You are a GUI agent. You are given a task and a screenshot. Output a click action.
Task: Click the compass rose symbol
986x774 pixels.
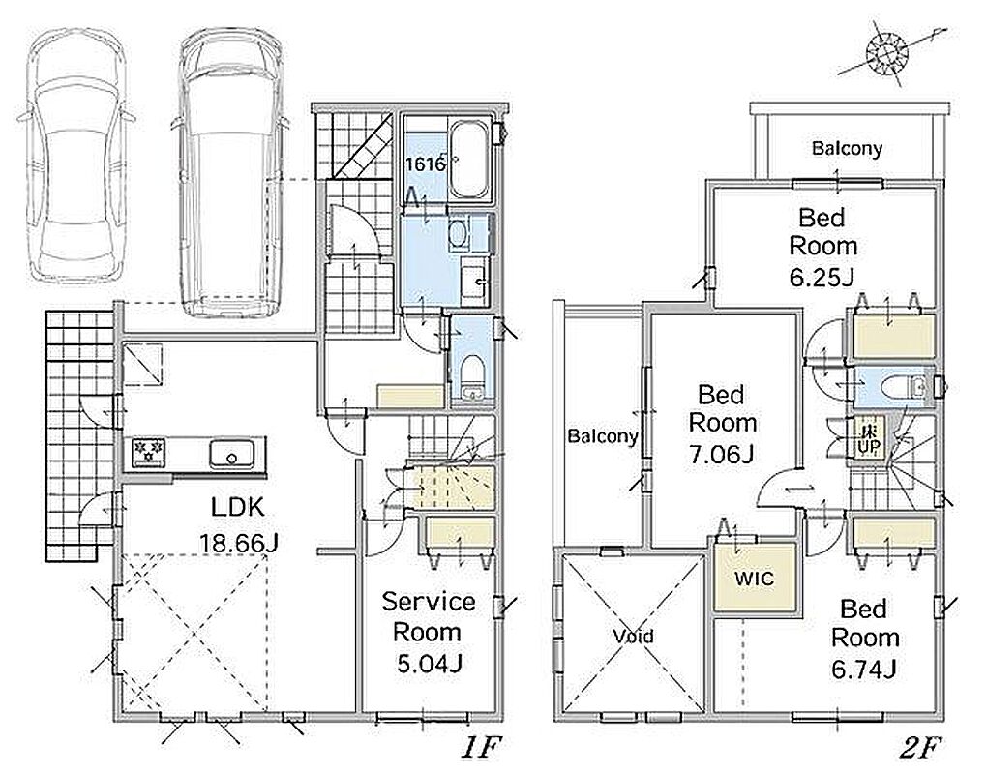click(x=886, y=52)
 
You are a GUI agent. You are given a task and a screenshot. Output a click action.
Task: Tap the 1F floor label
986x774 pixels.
click(x=481, y=748)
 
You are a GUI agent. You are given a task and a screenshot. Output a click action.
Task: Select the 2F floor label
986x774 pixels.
click(x=919, y=748)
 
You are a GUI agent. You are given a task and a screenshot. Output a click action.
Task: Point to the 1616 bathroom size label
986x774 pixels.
click(x=425, y=164)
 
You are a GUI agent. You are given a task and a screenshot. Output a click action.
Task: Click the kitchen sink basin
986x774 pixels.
click(x=232, y=453)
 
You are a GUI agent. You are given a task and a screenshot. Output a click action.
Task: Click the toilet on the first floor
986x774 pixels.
click(x=471, y=376)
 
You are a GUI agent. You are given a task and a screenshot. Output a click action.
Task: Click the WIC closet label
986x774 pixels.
click(x=754, y=579)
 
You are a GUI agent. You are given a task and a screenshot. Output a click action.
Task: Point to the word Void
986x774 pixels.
click(x=633, y=637)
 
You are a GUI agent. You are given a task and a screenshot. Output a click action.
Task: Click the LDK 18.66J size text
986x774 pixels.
click(x=238, y=543)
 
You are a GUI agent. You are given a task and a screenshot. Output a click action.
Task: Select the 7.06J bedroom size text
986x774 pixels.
click(x=721, y=454)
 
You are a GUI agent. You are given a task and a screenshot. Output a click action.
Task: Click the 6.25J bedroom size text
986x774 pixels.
click(x=822, y=276)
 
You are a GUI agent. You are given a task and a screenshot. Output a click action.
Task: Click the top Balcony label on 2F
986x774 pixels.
click(x=847, y=148)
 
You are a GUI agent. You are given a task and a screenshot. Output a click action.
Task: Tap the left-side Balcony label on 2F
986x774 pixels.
click(x=603, y=435)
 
